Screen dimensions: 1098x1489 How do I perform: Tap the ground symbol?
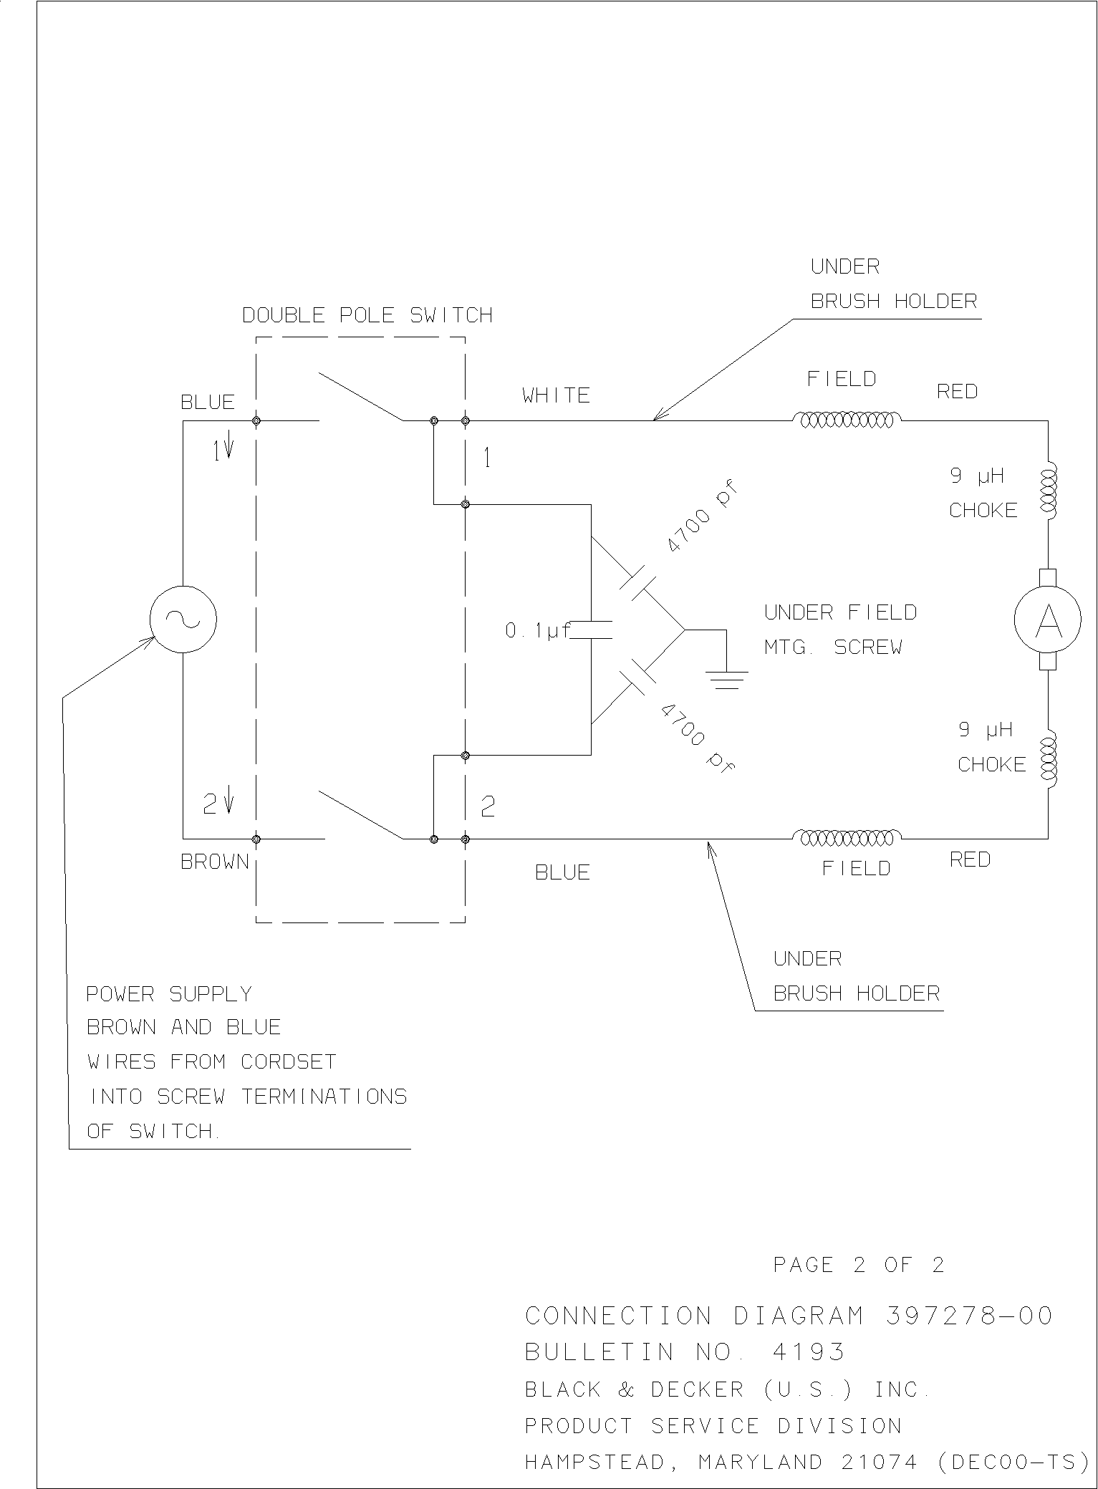coord(727,680)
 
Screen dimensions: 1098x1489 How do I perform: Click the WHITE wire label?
coord(556,395)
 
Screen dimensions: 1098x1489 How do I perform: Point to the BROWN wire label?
coord(215,862)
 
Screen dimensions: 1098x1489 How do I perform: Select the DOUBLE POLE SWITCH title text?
coord(367,315)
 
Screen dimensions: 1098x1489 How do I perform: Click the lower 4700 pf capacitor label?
coord(699,739)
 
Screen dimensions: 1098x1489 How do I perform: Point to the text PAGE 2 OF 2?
coord(859,1265)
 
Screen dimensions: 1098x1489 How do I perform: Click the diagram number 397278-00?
coord(970,1316)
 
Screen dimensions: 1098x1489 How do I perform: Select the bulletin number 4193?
coord(809,1352)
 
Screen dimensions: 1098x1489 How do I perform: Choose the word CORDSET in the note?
coord(289,1061)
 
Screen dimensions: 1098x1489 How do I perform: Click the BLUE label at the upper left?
coord(208,402)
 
